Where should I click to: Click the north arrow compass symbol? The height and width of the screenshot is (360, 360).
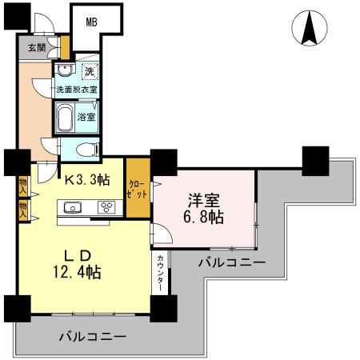310,30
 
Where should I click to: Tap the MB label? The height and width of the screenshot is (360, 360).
92,22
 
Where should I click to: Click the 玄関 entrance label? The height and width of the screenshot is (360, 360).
37,47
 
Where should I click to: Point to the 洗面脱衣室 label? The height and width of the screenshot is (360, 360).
77,90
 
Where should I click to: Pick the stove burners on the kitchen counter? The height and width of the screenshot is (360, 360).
106,208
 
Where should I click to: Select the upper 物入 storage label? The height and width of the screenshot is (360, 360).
23,186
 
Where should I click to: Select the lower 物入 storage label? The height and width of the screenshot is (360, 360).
23,210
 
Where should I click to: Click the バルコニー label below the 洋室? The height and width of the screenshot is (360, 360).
232,262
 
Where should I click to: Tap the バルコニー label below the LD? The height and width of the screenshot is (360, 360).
92,336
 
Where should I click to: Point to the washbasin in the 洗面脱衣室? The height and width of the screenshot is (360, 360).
62,70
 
